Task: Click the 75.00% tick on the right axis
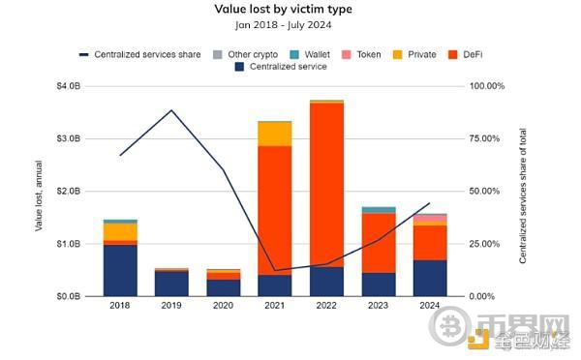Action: point(487,138)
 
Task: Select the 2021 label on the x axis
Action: point(275,308)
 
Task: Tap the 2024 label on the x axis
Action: point(429,308)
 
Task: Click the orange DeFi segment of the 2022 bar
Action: point(326,184)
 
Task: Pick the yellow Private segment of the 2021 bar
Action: point(275,134)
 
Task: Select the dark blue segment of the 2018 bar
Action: point(120,270)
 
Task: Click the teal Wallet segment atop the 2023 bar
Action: point(378,210)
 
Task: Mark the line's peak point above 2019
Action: point(171,110)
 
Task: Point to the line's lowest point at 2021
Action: point(275,270)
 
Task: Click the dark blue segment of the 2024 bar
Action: point(429,278)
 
